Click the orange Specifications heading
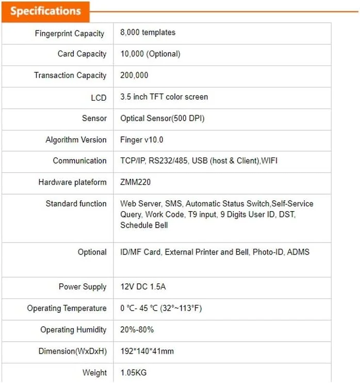(x=45, y=11)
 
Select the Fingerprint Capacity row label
(x=70, y=34)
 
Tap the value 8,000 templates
(x=148, y=33)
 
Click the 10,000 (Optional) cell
(x=150, y=54)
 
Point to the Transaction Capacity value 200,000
(x=134, y=75)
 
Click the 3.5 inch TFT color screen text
(x=164, y=97)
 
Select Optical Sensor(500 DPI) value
(x=162, y=118)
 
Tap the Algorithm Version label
(x=76, y=140)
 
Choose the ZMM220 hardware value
(x=135, y=182)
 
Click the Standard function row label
(x=76, y=204)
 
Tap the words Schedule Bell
(x=144, y=225)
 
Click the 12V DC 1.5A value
(x=142, y=287)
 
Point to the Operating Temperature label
(x=67, y=309)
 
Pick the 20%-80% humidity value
(x=137, y=330)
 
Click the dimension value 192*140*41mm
(x=147, y=352)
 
